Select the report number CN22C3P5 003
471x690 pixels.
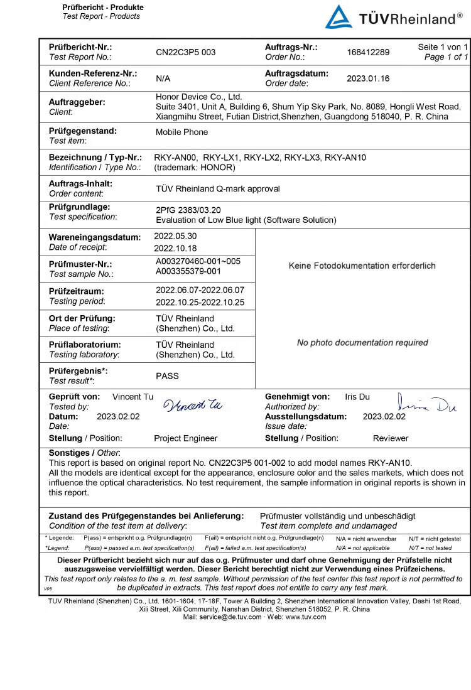click(x=185, y=52)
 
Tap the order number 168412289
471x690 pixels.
click(x=368, y=52)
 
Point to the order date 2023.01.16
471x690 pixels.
click(x=368, y=78)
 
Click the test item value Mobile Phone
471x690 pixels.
click(x=181, y=132)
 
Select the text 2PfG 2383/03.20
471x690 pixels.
click(x=188, y=210)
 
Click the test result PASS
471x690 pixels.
click(x=167, y=376)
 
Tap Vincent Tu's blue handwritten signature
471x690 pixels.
click(x=193, y=405)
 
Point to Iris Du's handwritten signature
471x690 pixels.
click(x=427, y=404)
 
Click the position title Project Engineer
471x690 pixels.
click(x=185, y=438)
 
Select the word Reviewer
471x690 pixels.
click(x=390, y=438)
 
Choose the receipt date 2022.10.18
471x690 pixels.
click(x=175, y=247)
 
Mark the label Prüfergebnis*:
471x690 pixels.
click(x=78, y=371)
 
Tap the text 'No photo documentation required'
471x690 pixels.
click(x=362, y=343)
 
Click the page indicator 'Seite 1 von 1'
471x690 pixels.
click(x=443, y=47)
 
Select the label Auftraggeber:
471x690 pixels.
click(x=77, y=102)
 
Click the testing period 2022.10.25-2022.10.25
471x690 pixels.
click(x=200, y=302)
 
